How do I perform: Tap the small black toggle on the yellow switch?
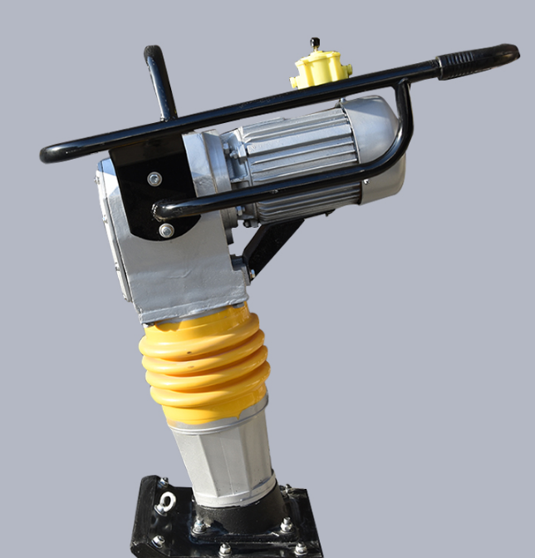[x=315, y=43]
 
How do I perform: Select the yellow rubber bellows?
[x=204, y=363]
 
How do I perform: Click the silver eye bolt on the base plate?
[x=164, y=502]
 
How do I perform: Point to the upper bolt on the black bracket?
[x=154, y=178]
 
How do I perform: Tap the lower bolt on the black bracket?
[x=166, y=230]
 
